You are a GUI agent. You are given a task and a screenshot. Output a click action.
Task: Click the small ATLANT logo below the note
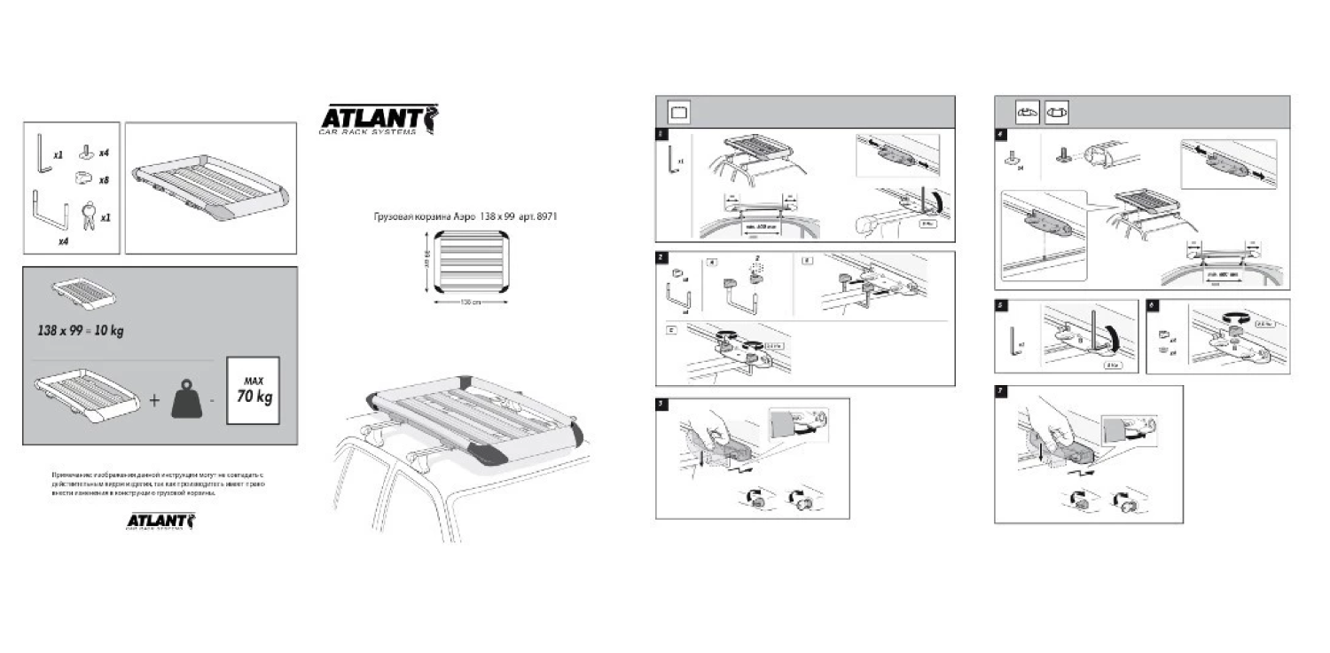(x=160, y=520)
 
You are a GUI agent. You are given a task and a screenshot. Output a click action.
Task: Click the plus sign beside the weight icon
(x=154, y=400)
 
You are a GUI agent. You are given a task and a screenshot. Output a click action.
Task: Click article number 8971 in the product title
(x=545, y=216)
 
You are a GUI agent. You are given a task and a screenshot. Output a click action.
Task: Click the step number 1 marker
(x=661, y=135)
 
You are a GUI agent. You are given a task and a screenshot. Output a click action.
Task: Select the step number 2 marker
(x=661, y=257)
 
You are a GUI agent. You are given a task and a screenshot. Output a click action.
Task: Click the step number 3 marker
(x=661, y=404)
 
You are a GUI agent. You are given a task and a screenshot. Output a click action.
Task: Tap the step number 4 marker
(x=1000, y=135)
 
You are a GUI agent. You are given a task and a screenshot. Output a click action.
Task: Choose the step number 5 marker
(x=1000, y=304)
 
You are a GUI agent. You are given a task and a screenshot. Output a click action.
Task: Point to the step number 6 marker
(x=1152, y=304)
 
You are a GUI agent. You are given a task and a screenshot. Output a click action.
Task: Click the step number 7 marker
(x=1000, y=391)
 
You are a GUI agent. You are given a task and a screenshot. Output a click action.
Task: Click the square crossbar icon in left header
(x=679, y=113)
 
